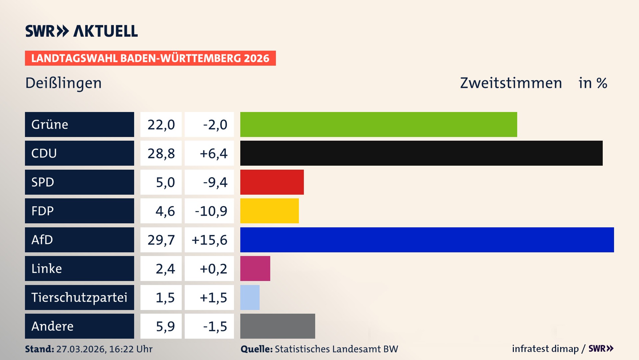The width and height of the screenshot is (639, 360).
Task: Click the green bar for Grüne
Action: click(378, 124)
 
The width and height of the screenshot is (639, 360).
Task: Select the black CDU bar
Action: click(421, 153)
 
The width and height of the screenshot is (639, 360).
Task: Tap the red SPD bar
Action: click(272, 182)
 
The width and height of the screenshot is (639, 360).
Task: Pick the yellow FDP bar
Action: click(269, 211)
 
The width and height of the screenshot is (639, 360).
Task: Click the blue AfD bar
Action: click(427, 240)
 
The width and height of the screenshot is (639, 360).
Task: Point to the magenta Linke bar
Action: click(255, 269)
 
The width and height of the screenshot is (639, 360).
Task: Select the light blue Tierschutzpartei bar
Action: click(250, 297)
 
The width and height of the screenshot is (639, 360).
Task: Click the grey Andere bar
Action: click(277, 326)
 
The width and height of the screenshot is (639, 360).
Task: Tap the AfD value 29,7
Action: click(161, 240)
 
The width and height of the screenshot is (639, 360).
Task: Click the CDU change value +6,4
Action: click(213, 154)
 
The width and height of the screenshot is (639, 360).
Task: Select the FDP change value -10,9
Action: click(211, 211)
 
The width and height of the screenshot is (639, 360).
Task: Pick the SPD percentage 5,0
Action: click(165, 182)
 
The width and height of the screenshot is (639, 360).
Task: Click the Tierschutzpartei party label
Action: click(79, 297)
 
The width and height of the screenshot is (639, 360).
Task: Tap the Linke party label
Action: click(47, 269)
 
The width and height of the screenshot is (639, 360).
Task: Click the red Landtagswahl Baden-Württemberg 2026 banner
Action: click(150, 58)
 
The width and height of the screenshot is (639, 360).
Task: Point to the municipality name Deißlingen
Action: click(64, 83)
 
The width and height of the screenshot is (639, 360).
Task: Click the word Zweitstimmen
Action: click(511, 83)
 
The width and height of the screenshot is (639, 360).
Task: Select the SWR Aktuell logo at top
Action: click(82, 31)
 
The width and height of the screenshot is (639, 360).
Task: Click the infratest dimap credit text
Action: click(545, 349)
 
